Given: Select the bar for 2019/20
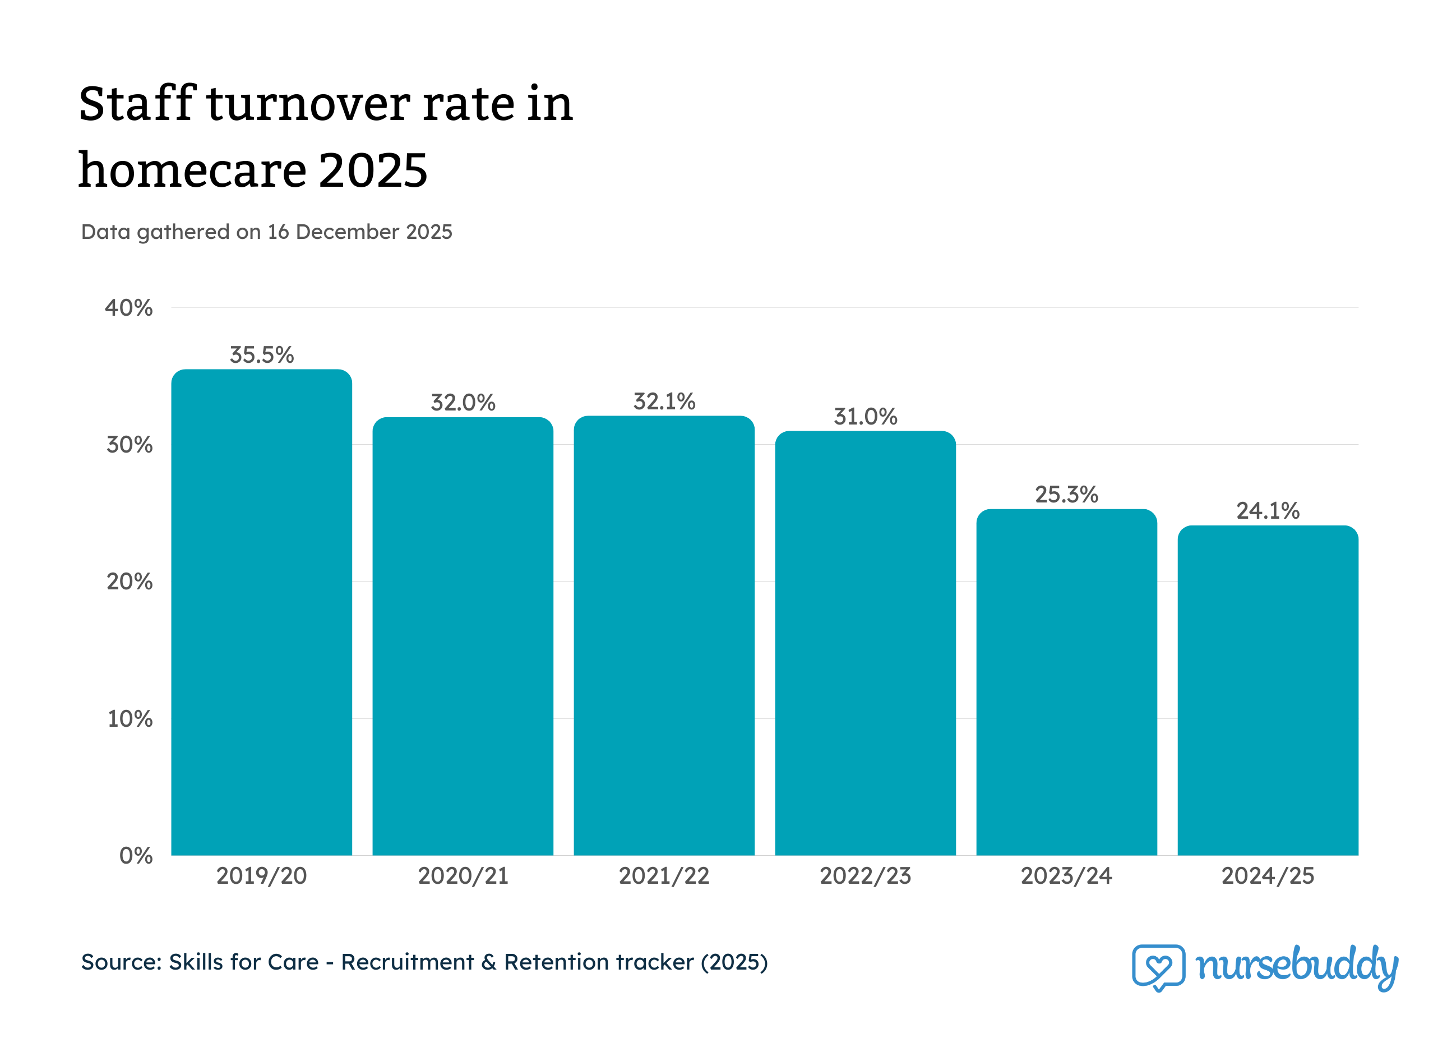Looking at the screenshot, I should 262,612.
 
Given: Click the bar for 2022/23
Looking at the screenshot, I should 865,643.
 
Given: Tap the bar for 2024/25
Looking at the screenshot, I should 1268,690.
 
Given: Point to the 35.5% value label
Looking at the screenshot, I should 262,355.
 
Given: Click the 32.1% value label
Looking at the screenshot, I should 664,402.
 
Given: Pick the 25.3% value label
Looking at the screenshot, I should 1066,495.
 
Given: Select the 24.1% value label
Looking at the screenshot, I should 1268,510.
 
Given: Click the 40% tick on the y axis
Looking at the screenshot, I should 129,308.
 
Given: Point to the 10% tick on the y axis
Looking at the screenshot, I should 130,719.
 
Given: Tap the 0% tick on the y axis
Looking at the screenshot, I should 136,856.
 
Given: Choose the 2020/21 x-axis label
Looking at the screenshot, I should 463,876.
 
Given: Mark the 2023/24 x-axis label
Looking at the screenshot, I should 1066,876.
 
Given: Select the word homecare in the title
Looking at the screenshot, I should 191,171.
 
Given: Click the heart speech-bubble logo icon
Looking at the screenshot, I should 1158,967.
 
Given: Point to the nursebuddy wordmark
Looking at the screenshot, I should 1296,966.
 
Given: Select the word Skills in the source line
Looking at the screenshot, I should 196,962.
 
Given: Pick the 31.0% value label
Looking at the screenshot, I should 865,417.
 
